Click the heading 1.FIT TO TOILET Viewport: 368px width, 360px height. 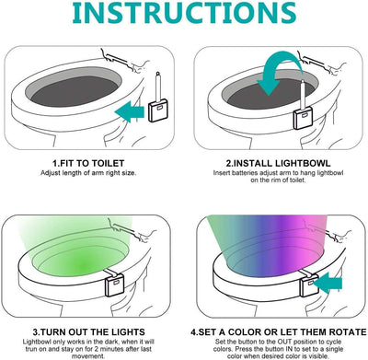click(x=90, y=163)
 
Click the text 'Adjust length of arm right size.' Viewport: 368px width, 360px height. click(x=90, y=174)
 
